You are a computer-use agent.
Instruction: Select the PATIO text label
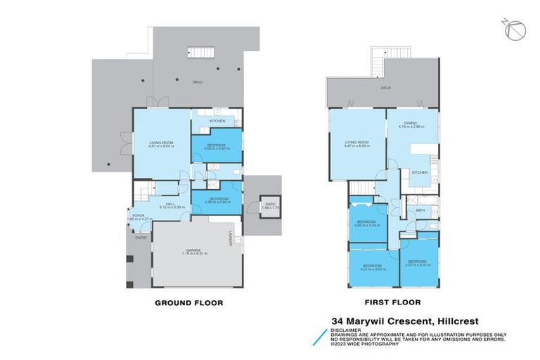(x=198, y=83)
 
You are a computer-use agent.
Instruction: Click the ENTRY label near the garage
(x=132, y=238)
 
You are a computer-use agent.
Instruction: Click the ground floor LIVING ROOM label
(x=160, y=143)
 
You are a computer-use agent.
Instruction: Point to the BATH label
(x=420, y=210)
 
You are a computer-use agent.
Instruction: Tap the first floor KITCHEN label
(x=420, y=172)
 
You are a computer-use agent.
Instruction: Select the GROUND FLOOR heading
(x=188, y=303)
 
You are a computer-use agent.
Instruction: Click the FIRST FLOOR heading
(x=392, y=303)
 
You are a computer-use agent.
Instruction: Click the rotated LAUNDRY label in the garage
(x=229, y=238)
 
